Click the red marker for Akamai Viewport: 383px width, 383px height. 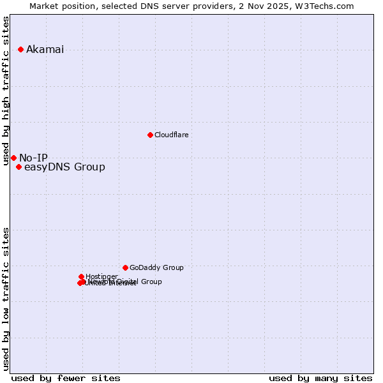(x=20, y=49)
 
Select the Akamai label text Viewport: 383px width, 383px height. (x=45, y=50)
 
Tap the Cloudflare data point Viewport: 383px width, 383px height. (x=150, y=135)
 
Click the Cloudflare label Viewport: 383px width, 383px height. (x=171, y=135)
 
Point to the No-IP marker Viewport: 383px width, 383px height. (x=13, y=158)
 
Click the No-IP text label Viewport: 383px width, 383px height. (x=33, y=158)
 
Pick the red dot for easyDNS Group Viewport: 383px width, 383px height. (x=19, y=167)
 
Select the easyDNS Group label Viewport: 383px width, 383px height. (x=64, y=167)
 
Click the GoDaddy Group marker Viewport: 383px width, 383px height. (x=125, y=267)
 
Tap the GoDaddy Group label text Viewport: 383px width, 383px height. (x=156, y=268)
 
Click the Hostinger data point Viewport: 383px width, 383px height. (x=81, y=276)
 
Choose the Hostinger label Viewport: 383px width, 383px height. (x=101, y=276)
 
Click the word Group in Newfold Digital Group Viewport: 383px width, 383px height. (x=151, y=282)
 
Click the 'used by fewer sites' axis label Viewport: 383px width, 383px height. (x=66, y=378)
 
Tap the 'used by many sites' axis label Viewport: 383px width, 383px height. (x=320, y=378)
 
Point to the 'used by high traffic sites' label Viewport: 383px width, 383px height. (x=6, y=91)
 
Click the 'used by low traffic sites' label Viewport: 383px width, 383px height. (x=6, y=298)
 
